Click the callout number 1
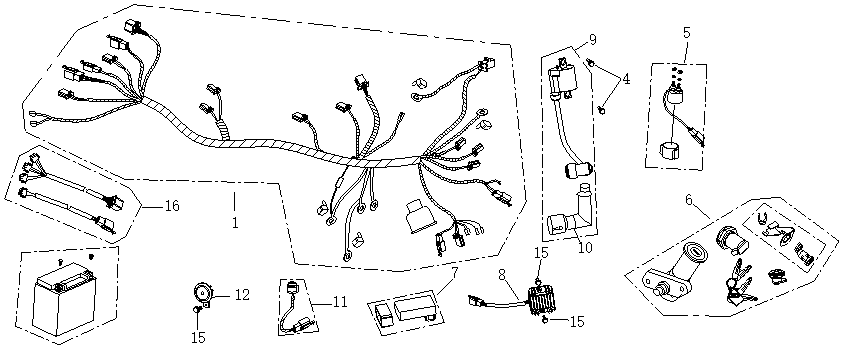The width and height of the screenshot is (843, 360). (x=235, y=222)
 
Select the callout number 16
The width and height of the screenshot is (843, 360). (x=172, y=206)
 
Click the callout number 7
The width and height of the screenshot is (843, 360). (x=454, y=271)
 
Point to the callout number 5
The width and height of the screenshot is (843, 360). (x=686, y=32)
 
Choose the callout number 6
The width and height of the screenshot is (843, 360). (x=688, y=199)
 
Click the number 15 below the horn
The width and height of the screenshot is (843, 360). (x=198, y=338)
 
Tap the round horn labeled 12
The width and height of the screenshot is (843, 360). (x=204, y=292)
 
